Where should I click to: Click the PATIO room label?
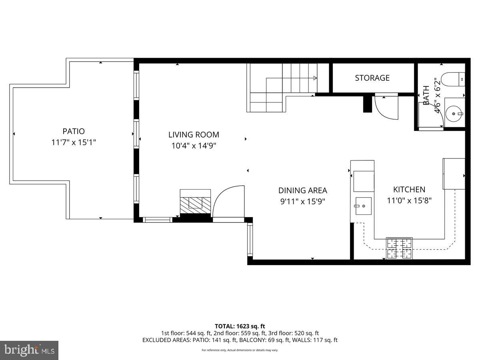(74, 131)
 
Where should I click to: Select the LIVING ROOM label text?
(194, 135)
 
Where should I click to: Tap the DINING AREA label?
(302, 190)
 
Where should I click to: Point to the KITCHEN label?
(409, 190)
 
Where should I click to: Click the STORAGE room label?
(372, 78)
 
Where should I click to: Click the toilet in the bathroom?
(454, 78)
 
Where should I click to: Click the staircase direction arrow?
(315, 78)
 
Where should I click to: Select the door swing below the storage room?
(386, 106)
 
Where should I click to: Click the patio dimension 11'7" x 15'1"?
(74, 142)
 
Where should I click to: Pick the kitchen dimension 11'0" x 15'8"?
(409, 201)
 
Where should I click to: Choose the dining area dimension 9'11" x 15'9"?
(302, 202)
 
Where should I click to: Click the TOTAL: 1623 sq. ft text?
(240, 326)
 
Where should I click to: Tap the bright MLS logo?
(29, 350)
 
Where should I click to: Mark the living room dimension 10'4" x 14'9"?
(194, 146)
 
